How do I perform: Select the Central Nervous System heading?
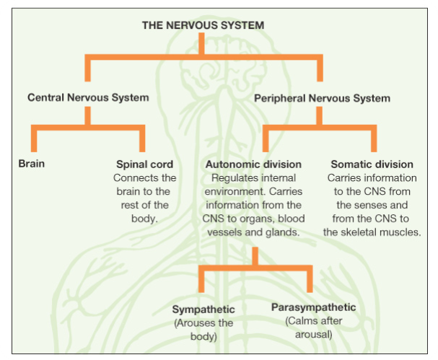[x=88, y=97]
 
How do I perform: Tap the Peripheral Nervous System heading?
[x=322, y=97]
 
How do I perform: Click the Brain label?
[x=32, y=164]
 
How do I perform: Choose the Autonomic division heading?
[x=253, y=164]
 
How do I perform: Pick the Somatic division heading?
[x=372, y=164]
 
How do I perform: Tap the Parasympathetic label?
[x=313, y=308]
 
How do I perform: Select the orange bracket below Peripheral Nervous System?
[x=318, y=128]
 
